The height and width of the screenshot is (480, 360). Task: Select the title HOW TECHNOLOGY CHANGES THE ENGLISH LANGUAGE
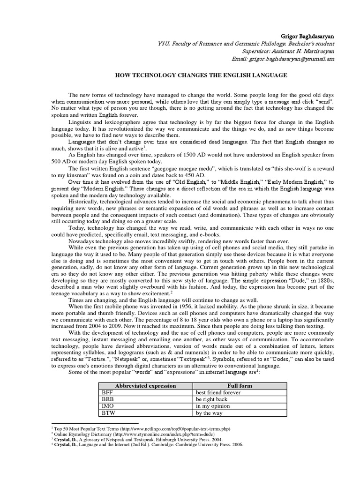point(202,75)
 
